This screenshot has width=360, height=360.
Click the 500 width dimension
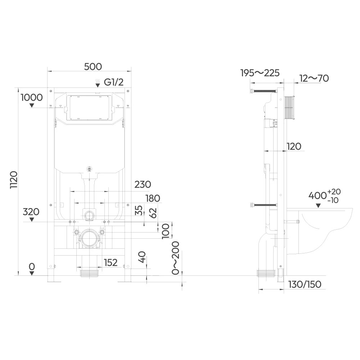point(93,67)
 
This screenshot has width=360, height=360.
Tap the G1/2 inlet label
point(114,82)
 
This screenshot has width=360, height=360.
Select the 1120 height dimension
point(14,180)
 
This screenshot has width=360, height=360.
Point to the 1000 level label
point(32,97)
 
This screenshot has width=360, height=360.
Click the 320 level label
point(31,212)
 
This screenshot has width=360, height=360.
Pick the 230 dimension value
point(143,184)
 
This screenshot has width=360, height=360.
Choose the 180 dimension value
point(153,198)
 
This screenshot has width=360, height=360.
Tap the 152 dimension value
point(111,262)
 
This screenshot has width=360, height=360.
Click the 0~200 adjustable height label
point(176,258)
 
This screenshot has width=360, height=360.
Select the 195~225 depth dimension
point(260,73)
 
